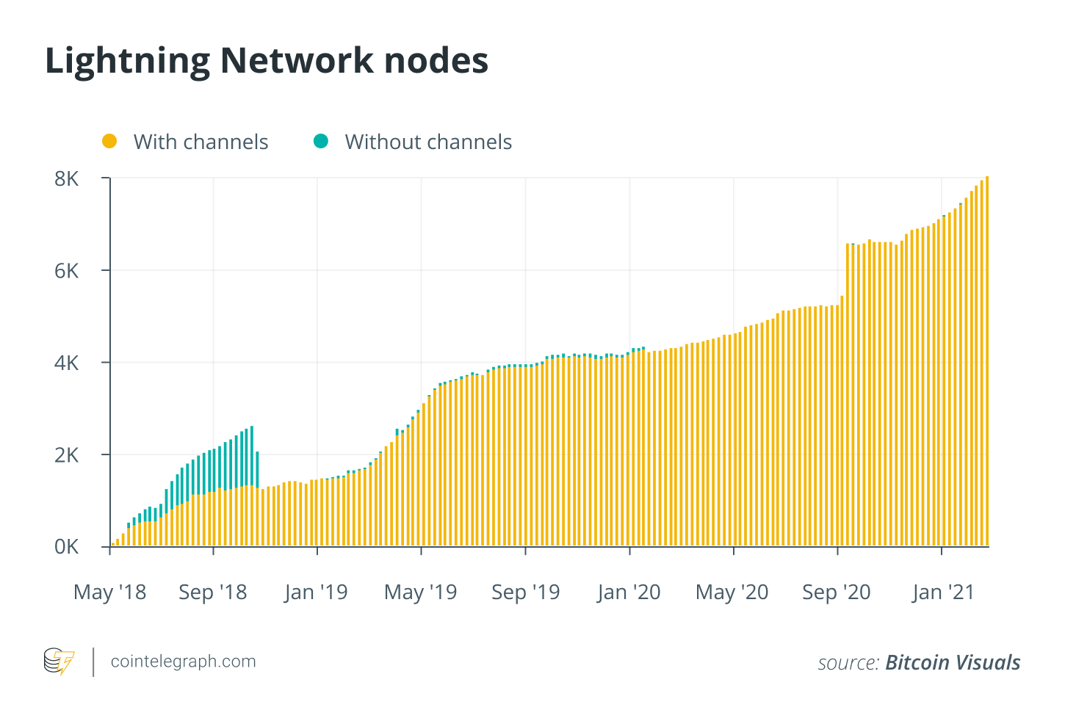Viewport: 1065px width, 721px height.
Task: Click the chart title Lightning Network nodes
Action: [x=267, y=61]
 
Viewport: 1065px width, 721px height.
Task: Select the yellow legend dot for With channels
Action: [x=109, y=141]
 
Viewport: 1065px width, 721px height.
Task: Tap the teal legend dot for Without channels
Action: [x=321, y=141]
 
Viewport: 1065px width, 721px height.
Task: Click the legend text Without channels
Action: [x=428, y=142]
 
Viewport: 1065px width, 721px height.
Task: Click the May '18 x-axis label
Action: [x=110, y=592]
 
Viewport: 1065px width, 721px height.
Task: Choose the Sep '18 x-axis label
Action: [x=213, y=592]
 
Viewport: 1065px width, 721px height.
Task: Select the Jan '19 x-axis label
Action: [x=317, y=592]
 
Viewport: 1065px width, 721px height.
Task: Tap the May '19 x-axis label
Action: [x=421, y=592]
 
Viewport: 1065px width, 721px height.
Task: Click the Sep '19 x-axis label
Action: [x=526, y=592]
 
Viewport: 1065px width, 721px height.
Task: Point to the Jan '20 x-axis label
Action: [x=629, y=592]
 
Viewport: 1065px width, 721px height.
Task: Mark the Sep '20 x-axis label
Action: [x=837, y=592]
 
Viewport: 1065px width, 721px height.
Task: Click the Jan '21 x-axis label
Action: [x=943, y=592]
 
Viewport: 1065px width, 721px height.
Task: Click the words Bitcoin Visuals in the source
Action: [x=953, y=662]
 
